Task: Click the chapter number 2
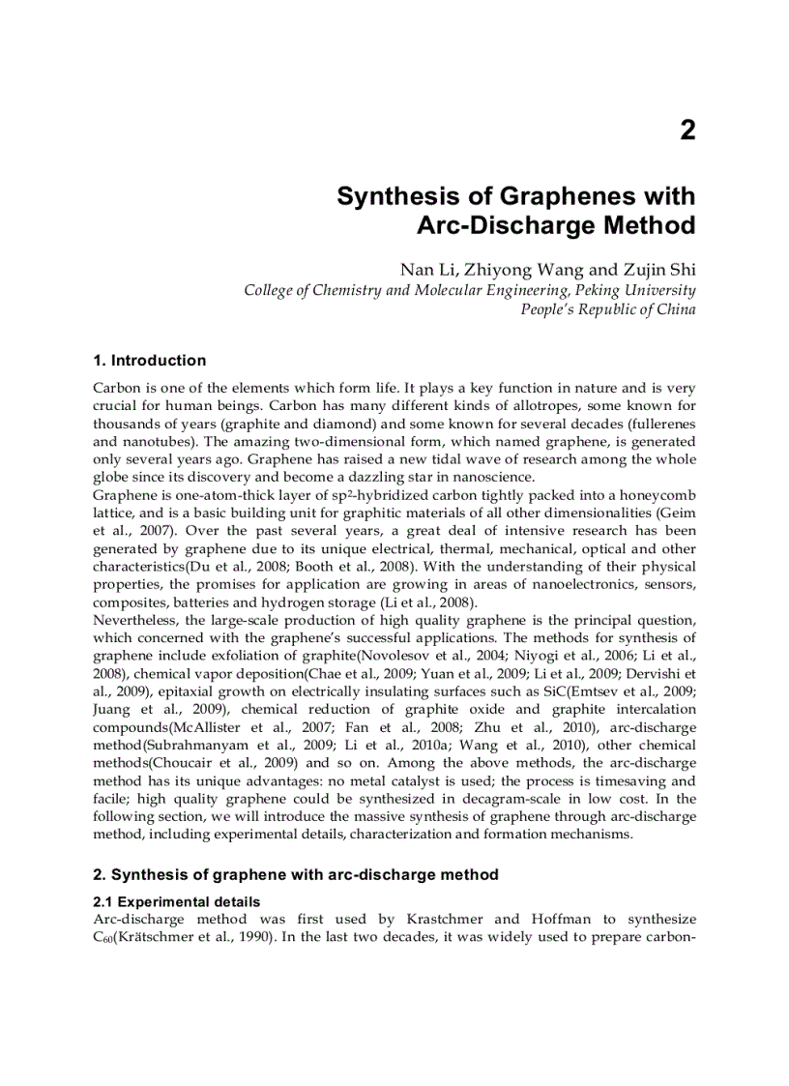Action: point(687,132)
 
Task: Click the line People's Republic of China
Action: point(607,309)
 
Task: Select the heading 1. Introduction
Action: point(149,361)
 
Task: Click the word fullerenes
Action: point(660,424)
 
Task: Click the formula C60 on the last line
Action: point(103,937)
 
